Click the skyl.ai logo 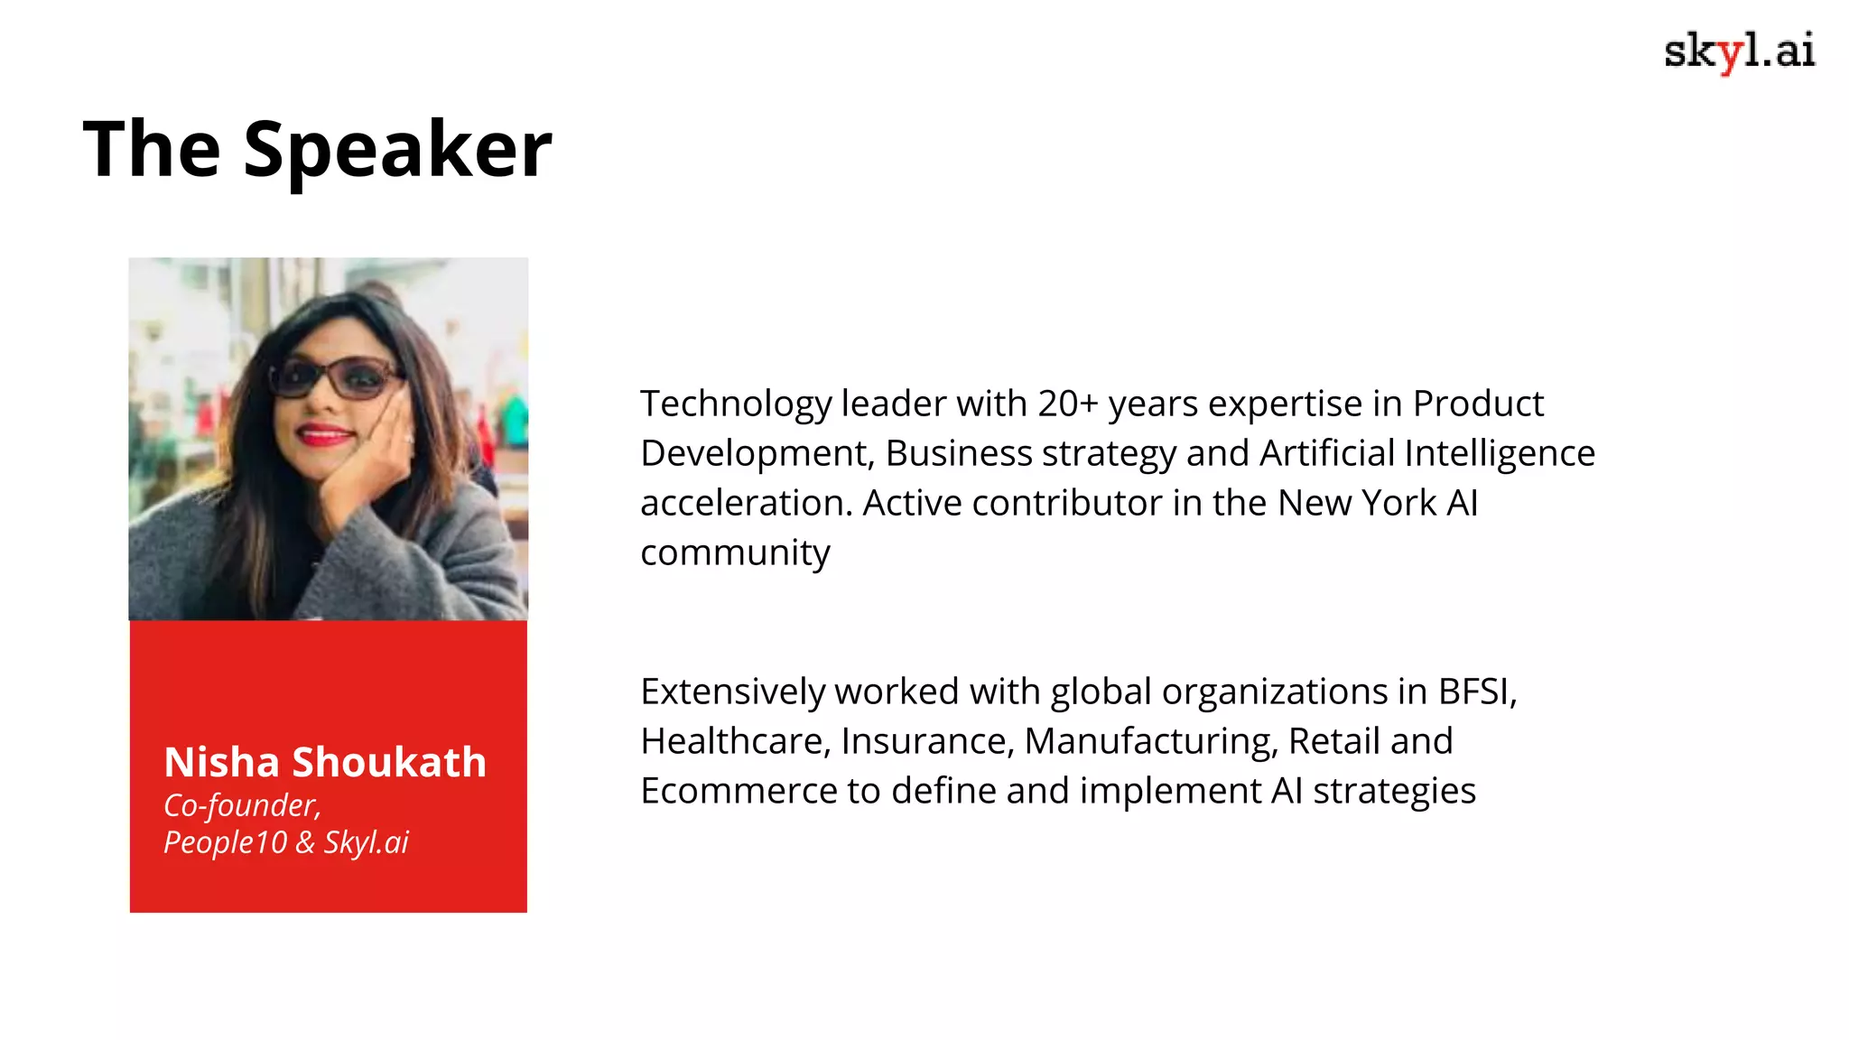click(x=1739, y=51)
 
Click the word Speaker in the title click(x=397, y=150)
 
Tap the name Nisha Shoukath click(x=325, y=762)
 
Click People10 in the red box click(x=225, y=842)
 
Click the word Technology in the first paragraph click(x=736, y=404)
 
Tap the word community click(x=735, y=552)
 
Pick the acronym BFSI click(x=1476, y=692)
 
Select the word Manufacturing click(x=1151, y=741)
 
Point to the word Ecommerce click(x=739, y=791)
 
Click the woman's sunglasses click(x=334, y=376)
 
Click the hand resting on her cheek click(x=370, y=451)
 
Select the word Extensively click(x=732, y=692)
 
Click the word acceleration click(x=746, y=503)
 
